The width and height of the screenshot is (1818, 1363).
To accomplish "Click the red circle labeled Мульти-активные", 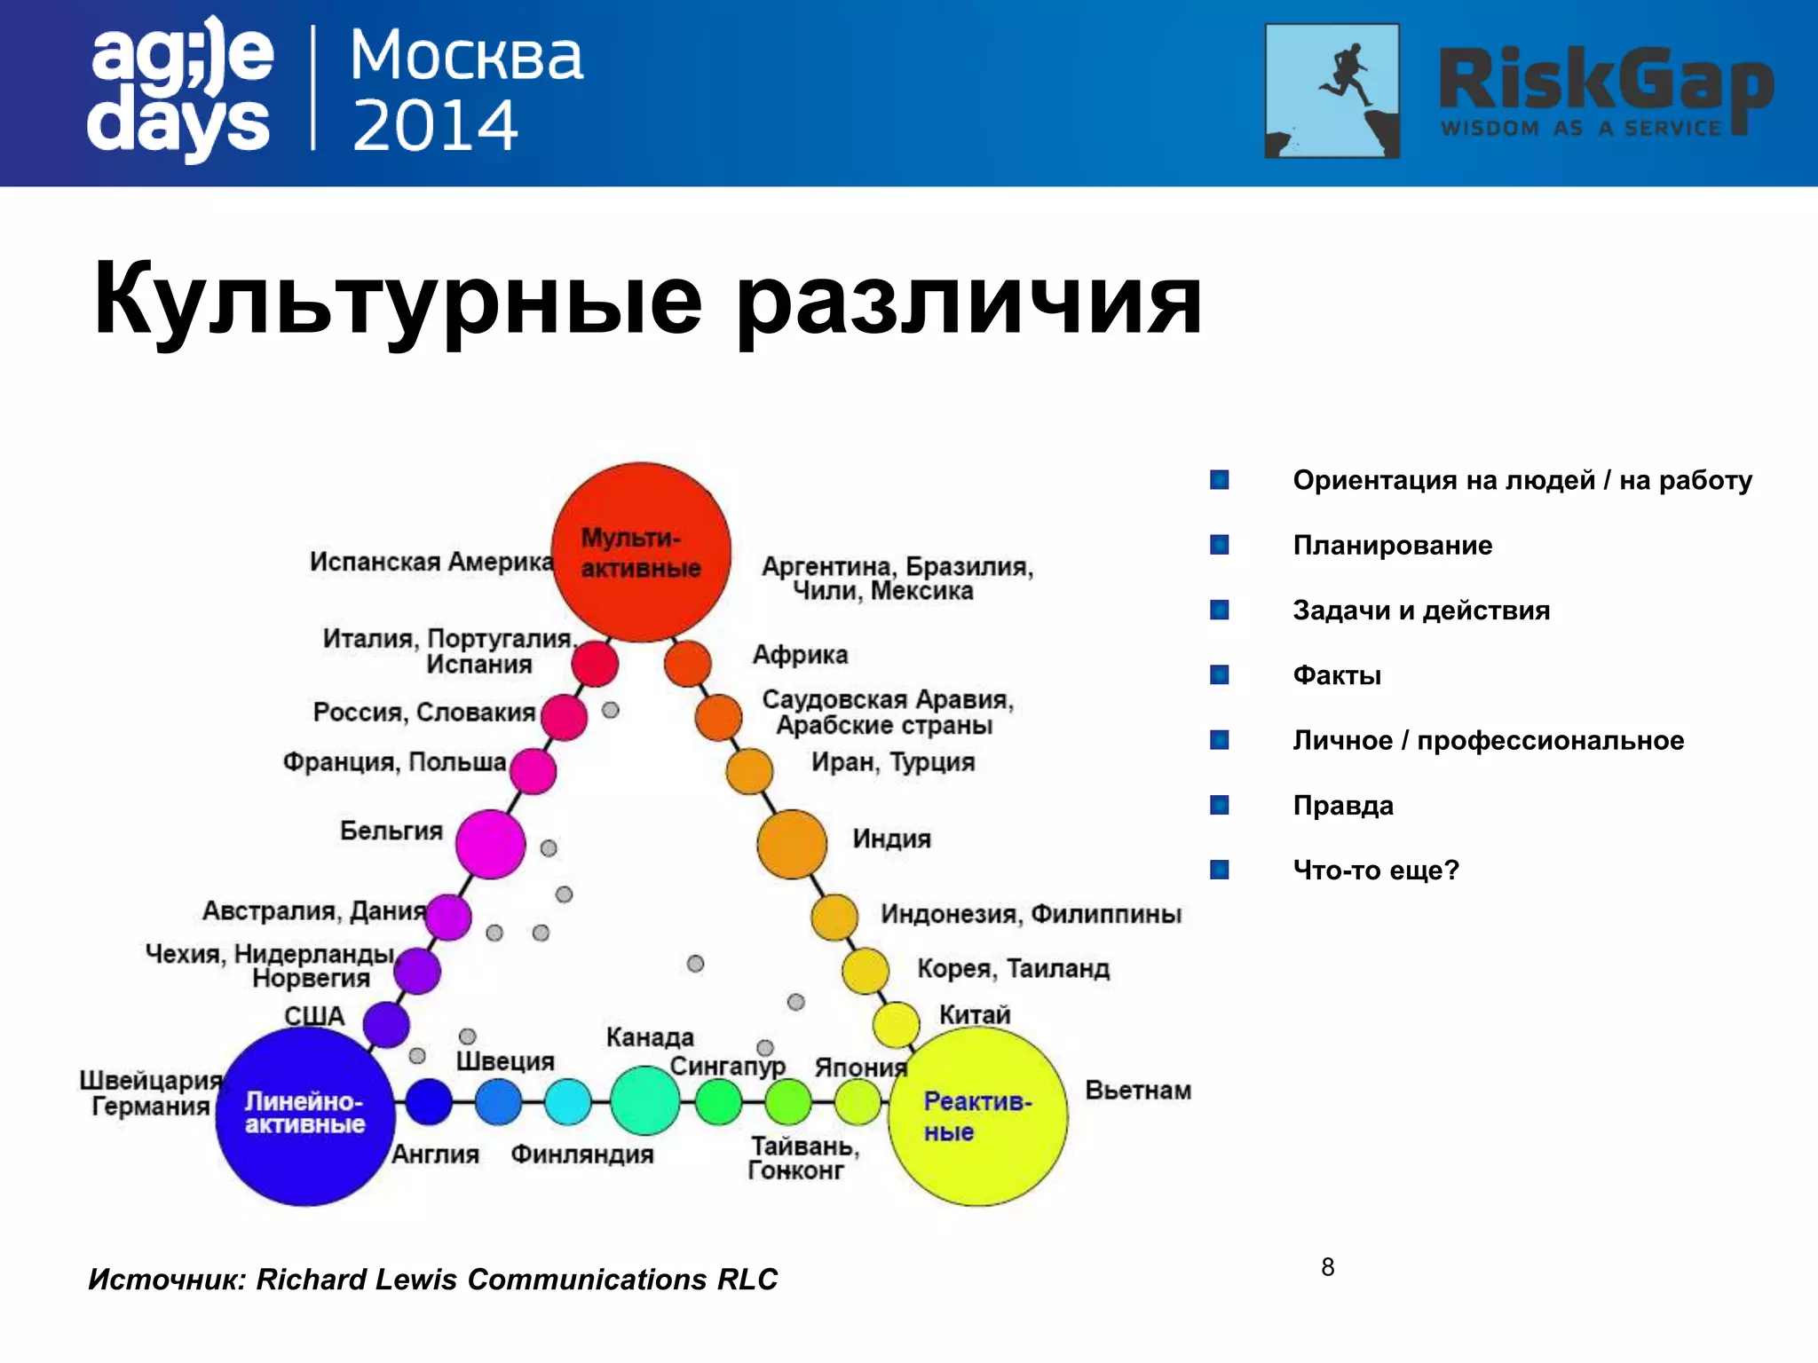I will click(641, 552).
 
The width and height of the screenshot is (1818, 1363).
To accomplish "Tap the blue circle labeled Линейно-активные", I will click(305, 1115).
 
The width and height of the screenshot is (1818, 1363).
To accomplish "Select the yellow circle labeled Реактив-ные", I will click(977, 1115).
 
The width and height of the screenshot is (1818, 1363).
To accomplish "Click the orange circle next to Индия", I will click(792, 844).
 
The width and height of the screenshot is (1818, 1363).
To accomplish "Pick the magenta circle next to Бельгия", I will click(490, 844).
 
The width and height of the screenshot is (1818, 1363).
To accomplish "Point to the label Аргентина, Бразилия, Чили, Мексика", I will click(897, 578).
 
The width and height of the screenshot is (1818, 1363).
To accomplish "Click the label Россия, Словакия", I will click(424, 712).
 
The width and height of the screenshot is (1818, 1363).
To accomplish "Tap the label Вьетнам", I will click(1138, 1090).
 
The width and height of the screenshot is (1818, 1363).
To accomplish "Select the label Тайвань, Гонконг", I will click(802, 1158).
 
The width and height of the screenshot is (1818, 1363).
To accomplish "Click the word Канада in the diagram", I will click(650, 1036).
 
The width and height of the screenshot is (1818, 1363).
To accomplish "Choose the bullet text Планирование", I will click(1392, 545).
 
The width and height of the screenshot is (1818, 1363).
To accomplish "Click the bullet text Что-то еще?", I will click(1375, 870).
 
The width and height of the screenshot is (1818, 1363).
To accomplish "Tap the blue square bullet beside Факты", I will click(1220, 675).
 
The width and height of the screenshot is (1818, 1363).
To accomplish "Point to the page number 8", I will click(1327, 1267).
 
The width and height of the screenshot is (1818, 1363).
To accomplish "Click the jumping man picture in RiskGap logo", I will click(1332, 91).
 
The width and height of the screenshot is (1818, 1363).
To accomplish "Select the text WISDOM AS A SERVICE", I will click(1581, 129).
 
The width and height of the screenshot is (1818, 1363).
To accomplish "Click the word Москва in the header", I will click(466, 57).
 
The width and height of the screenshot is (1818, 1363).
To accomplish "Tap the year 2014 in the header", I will click(435, 126).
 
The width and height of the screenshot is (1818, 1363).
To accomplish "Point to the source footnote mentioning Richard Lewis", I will click(432, 1279).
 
